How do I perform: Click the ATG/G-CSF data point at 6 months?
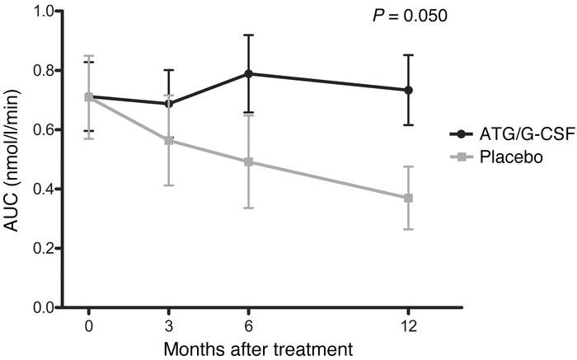pyautogui.click(x=248, y=73)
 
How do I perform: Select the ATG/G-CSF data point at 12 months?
pyautogui.click(x=408, y=90)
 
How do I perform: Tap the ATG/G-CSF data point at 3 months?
pyautogui.click(x=168, y=104)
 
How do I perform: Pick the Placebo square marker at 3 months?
pyautogui.click(x=168, y=140)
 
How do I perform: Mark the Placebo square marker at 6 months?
pyautogui.click(x=248, y=161)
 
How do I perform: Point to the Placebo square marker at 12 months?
pyautogui.click(x=408, y=198)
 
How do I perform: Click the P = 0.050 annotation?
pyautogui.click(x=410, y=16)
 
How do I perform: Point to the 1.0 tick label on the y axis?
pyautogui.click(x=45, y=12)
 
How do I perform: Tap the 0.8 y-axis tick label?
pyautogui.click(x=45, y=71)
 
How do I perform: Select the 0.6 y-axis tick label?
pyautogui.click(x=45, y=130)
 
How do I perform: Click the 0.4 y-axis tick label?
pyautogui.click(x=45, y=189)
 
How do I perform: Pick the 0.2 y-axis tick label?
pyautogui.click(x=45, y=248)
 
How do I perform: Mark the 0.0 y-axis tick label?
pyautogui.click(x=45, y=307)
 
